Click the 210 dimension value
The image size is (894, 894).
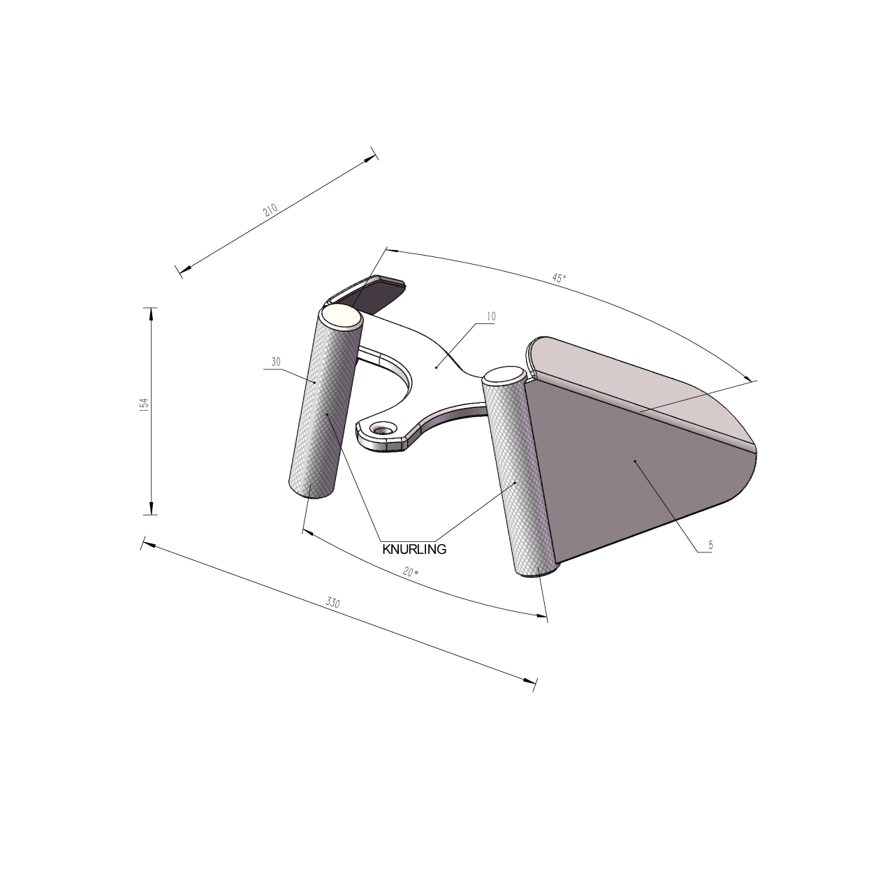[270, 210]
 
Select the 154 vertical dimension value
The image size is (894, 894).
[144, 405]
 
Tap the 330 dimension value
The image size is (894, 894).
[332, 603]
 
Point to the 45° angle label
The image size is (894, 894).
[559, 278]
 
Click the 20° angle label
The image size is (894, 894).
[411, 572]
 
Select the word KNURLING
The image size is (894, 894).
[414, 549]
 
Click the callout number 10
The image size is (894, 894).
[491, 316]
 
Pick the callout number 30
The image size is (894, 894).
[276, 362]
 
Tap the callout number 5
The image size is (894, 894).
[711, 545]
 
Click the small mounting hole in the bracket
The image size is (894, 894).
[383, 427]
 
